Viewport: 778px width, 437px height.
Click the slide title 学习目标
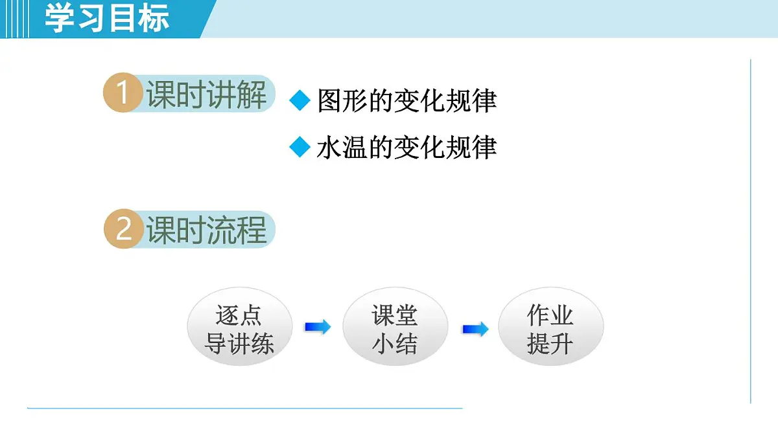point(107,17)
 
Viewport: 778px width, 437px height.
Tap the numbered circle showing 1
point(123,94)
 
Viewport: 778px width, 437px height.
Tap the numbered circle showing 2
point(123,229)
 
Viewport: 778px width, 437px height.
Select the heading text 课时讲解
point(206,95)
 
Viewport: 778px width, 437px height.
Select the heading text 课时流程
point(206,230)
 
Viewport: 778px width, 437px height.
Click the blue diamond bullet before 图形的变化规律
point(300,101)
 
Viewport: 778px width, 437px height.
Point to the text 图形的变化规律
point(407,101)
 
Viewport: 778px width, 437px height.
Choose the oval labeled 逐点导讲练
point(239,330)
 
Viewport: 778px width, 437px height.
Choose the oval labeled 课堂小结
point(395,330)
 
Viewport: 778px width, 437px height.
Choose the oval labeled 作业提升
point(550,330)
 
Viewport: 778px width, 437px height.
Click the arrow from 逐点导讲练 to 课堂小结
point(317,328)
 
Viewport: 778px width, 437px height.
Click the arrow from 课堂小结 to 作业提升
point(475,330)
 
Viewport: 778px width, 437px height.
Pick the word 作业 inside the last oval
point(550,316)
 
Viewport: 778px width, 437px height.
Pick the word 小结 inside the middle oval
point(395,344)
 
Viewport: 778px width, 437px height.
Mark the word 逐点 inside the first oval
point(239,316)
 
